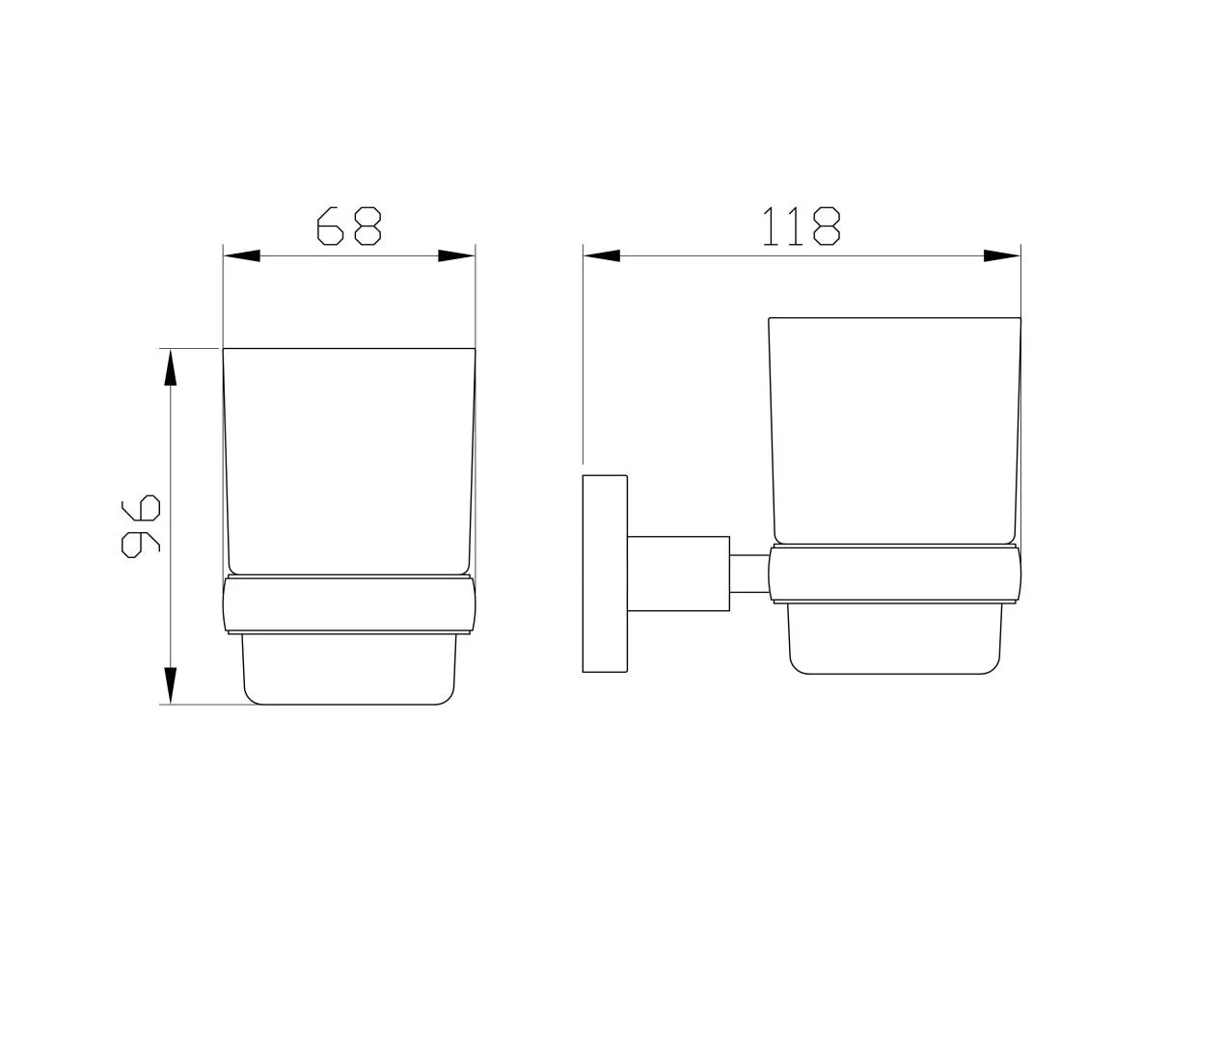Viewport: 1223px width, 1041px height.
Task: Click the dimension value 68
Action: click(x=349, y=226)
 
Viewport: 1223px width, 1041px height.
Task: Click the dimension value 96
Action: click(x=141, y=526)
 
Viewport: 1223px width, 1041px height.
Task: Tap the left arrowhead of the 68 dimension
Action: click(x=241, y=256)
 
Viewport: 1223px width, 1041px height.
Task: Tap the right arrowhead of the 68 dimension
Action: click(x=457, y=256)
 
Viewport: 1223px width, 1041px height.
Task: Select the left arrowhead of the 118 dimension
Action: click(x=601, y=256)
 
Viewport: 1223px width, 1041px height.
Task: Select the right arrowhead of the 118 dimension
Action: click(x=1002, y=256)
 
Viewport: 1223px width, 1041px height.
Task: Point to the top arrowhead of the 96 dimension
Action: click(x=171, y=366)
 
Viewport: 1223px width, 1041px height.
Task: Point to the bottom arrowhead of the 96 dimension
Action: click(x=171, y=685)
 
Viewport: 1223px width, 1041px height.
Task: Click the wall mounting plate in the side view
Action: click(x=605, y=574)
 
